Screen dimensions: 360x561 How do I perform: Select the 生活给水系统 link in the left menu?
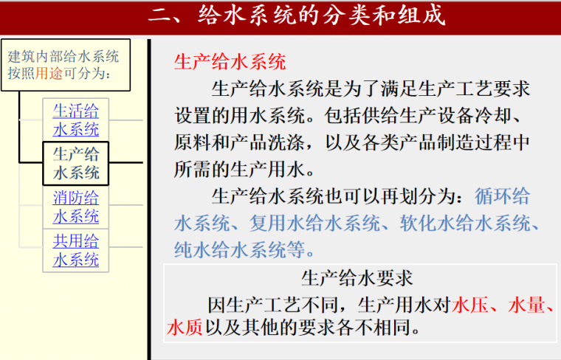click(75, 120)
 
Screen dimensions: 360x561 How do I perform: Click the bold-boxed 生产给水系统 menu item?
click(75, 163)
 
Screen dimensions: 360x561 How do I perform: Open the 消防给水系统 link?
click(75, 207)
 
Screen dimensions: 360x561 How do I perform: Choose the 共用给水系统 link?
click(75, 250)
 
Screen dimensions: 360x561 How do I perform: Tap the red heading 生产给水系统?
click(230, 62)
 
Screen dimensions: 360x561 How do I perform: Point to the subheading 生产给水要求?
click(357, 278)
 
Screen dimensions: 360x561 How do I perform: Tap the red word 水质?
click(185, 327)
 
